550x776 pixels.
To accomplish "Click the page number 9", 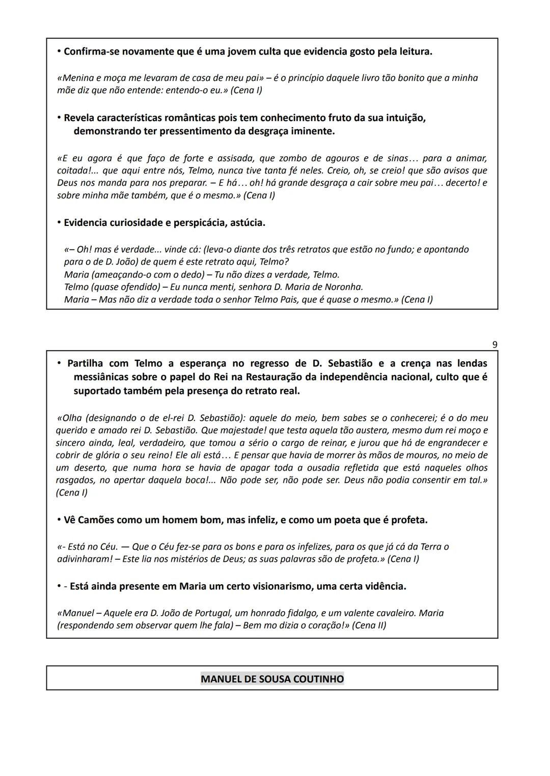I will coord(494,344).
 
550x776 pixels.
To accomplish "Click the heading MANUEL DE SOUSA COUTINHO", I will coord(272,678).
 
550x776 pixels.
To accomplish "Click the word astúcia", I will coord(248,222).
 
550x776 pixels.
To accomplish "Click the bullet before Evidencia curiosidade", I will coord(59,222).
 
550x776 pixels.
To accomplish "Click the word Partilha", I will coord(85,363).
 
